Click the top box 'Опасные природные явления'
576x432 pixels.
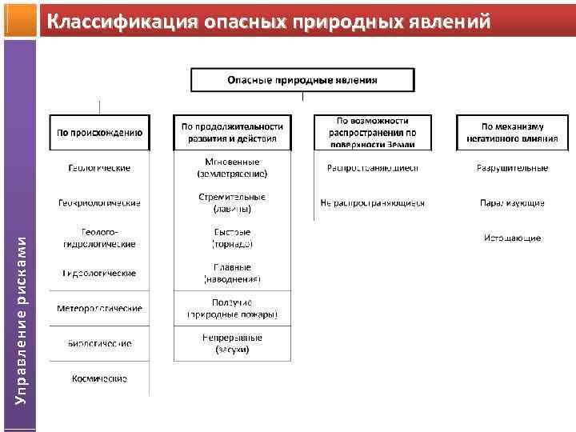tap(302, 80)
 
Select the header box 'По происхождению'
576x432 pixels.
tap(100, 133)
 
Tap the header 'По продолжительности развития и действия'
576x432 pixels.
tap(232, 132)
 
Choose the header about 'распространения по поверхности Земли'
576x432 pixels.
tap(372, 132)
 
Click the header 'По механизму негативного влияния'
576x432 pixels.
tap(513, 132)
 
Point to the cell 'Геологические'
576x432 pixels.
tap(99, 168)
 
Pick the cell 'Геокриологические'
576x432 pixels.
tap(100, 203)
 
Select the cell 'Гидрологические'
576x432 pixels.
tap(100, 273)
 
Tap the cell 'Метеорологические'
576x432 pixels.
tap(100, 308)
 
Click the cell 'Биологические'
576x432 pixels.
tap(100, 343)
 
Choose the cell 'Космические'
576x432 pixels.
tap(100, 378)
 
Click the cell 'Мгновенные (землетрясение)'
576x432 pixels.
tap(232, 168)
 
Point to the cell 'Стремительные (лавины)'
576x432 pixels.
tap(232, 203)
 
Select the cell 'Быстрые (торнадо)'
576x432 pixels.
tap(232, 238)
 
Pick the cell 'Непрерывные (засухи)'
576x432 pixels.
tap(232, 343)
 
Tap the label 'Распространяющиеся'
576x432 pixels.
tap(372, 168)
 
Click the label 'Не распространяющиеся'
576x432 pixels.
tap(372, 203)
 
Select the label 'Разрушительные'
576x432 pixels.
tap(513, 168)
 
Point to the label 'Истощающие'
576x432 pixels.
tap(513, 238)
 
